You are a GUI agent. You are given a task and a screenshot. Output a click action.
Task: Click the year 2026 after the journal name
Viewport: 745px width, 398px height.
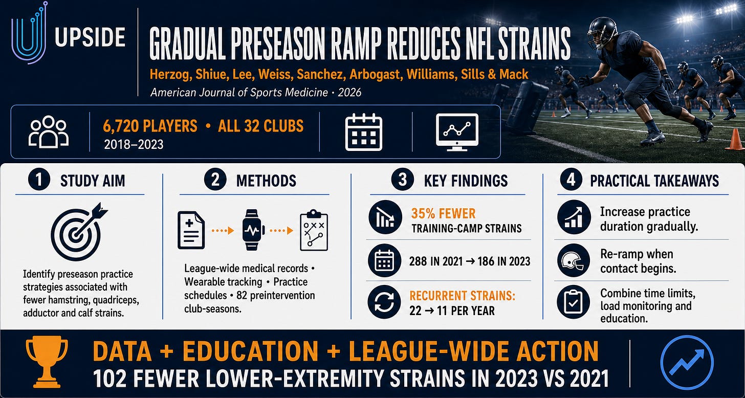[349, 92]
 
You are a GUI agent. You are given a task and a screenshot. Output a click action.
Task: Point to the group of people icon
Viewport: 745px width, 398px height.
[49, 131]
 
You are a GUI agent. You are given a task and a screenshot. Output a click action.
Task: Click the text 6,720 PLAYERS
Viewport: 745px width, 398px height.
[150, 126]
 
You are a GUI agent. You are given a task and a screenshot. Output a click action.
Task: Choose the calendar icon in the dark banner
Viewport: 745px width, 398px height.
[363, 132]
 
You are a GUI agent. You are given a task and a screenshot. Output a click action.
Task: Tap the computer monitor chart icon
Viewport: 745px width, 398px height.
[457, 132]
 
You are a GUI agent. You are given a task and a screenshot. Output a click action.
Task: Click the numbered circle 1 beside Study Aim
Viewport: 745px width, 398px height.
[39, 180]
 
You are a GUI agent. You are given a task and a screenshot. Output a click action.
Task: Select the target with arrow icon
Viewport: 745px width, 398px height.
[79, 232]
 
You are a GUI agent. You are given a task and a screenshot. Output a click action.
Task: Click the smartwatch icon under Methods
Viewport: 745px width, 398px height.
[253, 230]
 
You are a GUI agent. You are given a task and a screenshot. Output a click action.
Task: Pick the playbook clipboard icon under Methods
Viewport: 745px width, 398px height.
[314, 230]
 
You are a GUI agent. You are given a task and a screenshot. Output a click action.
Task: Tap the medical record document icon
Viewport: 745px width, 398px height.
[191, 230]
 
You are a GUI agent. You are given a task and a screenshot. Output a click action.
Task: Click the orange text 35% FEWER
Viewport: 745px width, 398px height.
[443, 213]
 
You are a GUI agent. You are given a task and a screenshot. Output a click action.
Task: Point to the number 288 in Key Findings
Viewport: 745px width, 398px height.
[418, 261]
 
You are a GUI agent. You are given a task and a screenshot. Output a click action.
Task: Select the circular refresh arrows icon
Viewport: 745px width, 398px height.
[384, 302]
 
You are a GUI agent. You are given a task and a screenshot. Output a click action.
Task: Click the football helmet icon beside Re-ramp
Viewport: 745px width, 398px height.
[574, 260]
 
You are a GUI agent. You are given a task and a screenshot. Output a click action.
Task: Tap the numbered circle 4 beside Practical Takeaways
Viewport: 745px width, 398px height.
[571, 180]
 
